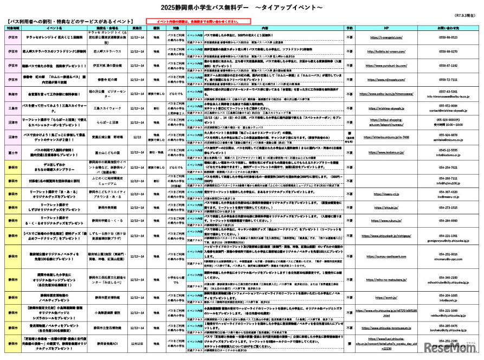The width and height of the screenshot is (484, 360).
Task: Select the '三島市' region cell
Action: (x=12, y=108)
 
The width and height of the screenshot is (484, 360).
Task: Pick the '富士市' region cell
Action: (x=12, y=154)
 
